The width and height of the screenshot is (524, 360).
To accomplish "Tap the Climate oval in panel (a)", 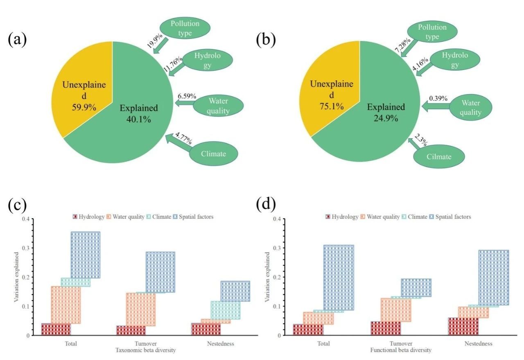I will [213, 153].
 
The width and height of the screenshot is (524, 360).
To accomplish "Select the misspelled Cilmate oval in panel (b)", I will [439, 156].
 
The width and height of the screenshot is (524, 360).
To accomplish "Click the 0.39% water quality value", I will [438, 99].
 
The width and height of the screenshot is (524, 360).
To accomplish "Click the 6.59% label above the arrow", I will [187, 96].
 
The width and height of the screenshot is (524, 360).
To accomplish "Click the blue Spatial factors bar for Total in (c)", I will [85, 255].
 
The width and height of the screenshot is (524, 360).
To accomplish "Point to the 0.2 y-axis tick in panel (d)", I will [278, 277].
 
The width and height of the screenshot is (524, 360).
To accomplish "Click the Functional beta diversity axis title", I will [401, 351].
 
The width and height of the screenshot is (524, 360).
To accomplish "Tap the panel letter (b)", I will [266, 40].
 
